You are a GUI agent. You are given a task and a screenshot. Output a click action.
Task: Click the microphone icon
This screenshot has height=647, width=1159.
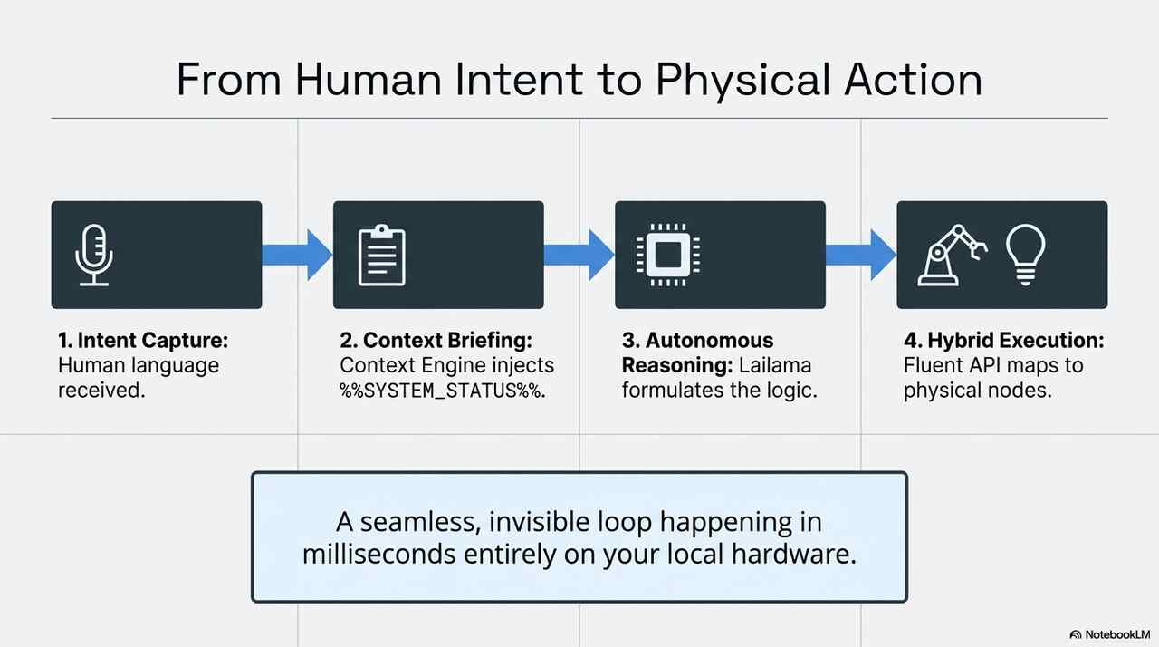pyautogui.click(x=93, y=255)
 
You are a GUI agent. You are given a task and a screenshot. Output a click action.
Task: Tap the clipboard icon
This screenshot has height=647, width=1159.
pyautogui.click(x=382, y=255)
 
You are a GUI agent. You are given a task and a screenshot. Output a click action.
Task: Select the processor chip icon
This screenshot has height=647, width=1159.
pyautogui.click(x=668, y=255)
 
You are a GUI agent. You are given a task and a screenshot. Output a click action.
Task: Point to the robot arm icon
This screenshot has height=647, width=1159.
pyautogui.click(x=952, y=255)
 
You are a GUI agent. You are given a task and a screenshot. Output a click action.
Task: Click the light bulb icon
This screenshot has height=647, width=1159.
pyautogui.click(x=1026, y=255)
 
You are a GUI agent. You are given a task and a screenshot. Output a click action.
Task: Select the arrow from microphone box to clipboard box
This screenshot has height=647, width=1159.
pyautogui.click(x=297, y=255)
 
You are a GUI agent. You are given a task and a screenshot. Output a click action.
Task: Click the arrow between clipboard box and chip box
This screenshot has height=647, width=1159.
pyautogui.click(x=579, y=255)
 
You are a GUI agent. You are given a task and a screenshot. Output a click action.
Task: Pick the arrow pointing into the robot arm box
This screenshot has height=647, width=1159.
pyautogui.click(x=861, y=255)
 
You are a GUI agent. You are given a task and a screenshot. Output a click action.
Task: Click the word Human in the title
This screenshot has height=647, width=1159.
pyautogui.click(x=369, y=80)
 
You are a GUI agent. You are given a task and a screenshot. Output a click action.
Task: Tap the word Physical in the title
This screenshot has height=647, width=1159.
pyautogui.click(x=739, y=82)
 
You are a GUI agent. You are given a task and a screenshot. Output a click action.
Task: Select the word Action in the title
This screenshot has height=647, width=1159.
pyautogui.click(x=914, y=80)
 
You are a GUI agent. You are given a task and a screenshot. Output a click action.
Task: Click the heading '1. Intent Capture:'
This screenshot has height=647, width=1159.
pyautogui.click(x=143, y=341)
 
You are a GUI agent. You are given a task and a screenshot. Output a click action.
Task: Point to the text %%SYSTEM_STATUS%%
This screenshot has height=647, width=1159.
pyautogui.click(x=443, y=391)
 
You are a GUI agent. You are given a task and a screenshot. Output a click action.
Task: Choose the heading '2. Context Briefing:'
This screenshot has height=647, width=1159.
pyautogui.click(x=436, y=341)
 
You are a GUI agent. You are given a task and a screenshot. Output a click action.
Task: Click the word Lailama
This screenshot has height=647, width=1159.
pyautogui.click(x=774, y=365)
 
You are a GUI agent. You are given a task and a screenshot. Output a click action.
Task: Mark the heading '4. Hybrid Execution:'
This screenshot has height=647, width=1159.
pyautogui.click(x=1004, y=341)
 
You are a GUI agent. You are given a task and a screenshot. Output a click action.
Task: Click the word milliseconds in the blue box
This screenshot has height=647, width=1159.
pyautogui.click(x=379, y=555)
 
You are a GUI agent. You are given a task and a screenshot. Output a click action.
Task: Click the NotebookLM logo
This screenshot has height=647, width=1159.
pyautogui.click(x=1110, y=634)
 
